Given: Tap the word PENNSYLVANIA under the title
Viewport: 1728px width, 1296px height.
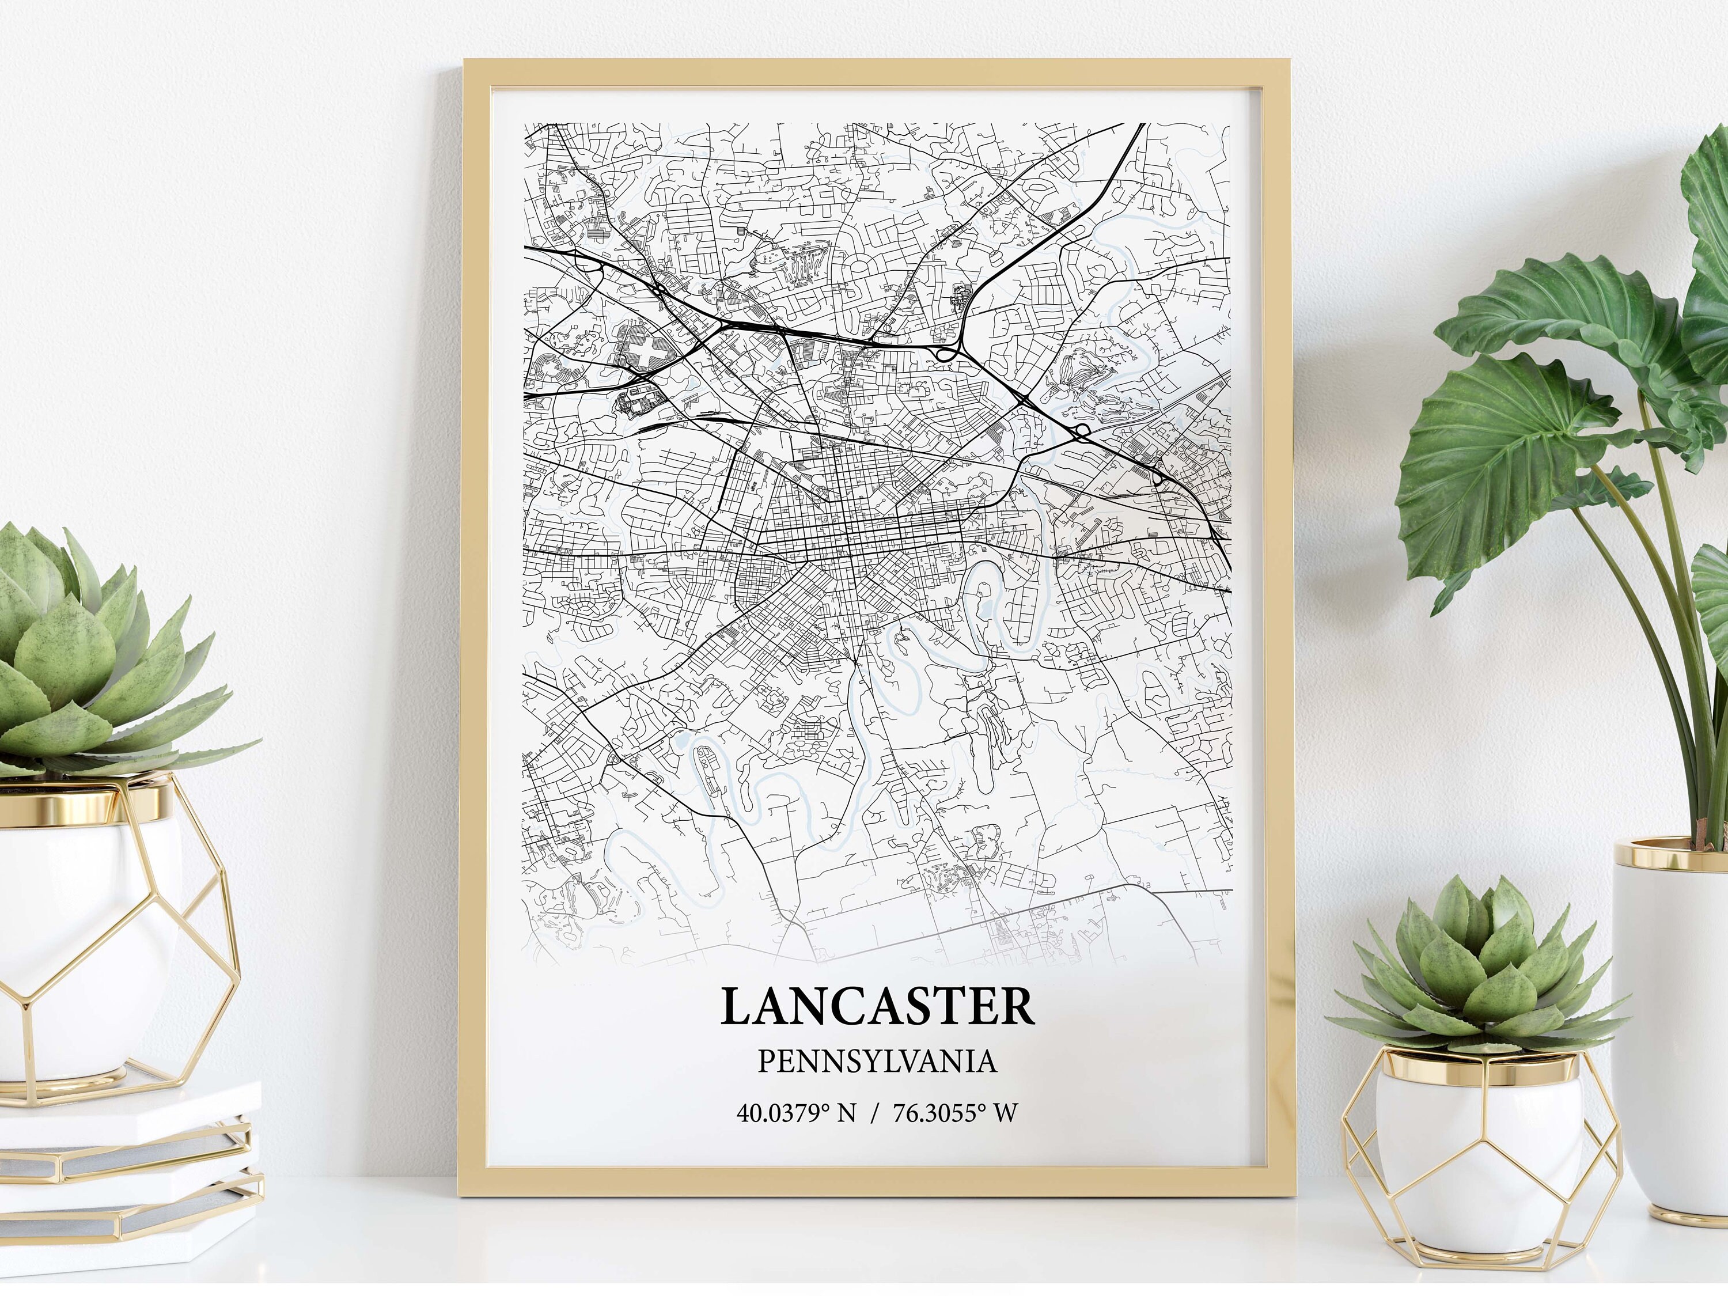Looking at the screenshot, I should pos(877,1062).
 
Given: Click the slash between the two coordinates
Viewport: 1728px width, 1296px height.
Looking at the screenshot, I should pos(874,1112).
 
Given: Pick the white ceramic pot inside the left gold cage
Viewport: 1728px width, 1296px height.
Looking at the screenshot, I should pos(86,922).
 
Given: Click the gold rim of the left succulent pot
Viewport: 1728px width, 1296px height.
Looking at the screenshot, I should pos(86,803).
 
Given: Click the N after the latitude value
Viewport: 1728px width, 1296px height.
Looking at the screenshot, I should pos(846,1112).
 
